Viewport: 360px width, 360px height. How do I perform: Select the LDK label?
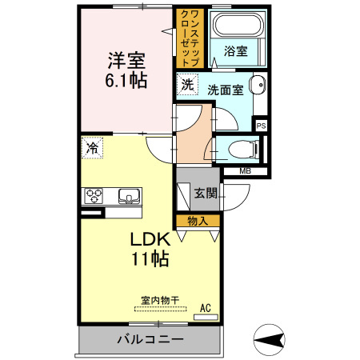[150, 239]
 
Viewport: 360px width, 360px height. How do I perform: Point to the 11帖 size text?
[150, 259]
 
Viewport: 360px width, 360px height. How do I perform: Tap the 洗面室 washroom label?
[226, 90]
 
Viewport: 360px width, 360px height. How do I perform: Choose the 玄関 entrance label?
[205, 193]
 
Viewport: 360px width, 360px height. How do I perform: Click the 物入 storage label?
[198, 220]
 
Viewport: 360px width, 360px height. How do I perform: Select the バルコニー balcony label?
[150, 339]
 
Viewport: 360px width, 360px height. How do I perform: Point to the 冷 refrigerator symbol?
[92, 148]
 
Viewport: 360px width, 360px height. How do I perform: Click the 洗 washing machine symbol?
[186, 83]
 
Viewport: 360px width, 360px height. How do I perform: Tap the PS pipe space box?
[261, 126]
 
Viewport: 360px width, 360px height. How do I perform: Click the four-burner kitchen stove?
[94, 196]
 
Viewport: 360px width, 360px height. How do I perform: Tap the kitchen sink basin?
[128, 196]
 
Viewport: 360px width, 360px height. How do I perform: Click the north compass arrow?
[270, 340]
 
